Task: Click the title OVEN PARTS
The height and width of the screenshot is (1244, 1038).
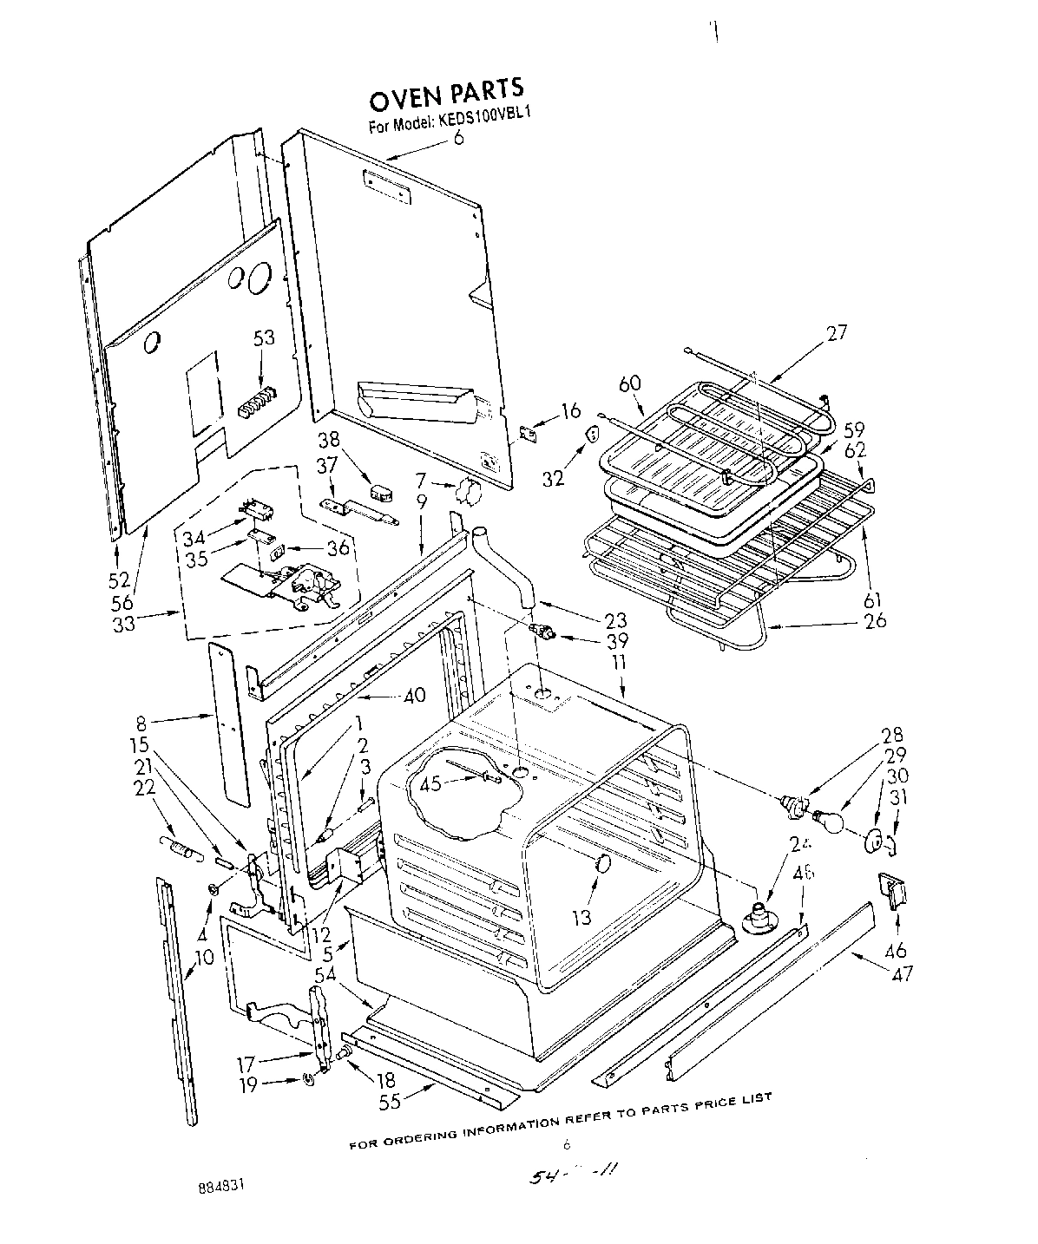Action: coord(447,89)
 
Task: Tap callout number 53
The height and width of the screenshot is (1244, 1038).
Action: coord(264,337)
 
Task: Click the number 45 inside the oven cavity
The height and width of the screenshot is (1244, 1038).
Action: coord(430,784)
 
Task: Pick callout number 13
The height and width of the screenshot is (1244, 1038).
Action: coord(581,917)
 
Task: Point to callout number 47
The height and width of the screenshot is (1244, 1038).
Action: coord(902,973)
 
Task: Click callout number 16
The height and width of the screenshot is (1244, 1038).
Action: coord(570,410)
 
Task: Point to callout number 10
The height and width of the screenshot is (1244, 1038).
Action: coord(204,958)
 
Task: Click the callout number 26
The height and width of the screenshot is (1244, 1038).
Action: coord(876,620)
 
